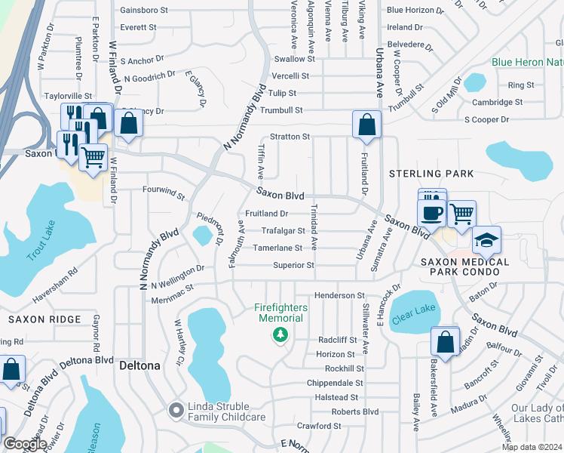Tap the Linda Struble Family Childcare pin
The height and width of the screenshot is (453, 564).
click(x=176, y=410)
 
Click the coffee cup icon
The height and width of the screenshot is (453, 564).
click(x=431, y=214)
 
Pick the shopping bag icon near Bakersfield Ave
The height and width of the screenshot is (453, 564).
click(x=445, y=341)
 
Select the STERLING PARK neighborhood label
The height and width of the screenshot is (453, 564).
click(x=431, y=174)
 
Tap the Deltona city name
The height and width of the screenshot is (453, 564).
click(x=139, y=365)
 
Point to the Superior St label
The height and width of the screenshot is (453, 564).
click(x=293, y=265)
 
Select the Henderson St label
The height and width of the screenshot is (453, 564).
click(x=339, y=295)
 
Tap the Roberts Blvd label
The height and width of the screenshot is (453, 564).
click(x=355, y=411)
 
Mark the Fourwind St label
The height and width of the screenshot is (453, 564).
click(x=164, y=196)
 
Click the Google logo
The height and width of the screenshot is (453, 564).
click(x=25, y=444)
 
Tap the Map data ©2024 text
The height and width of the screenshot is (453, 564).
click(x=531, y=447)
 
